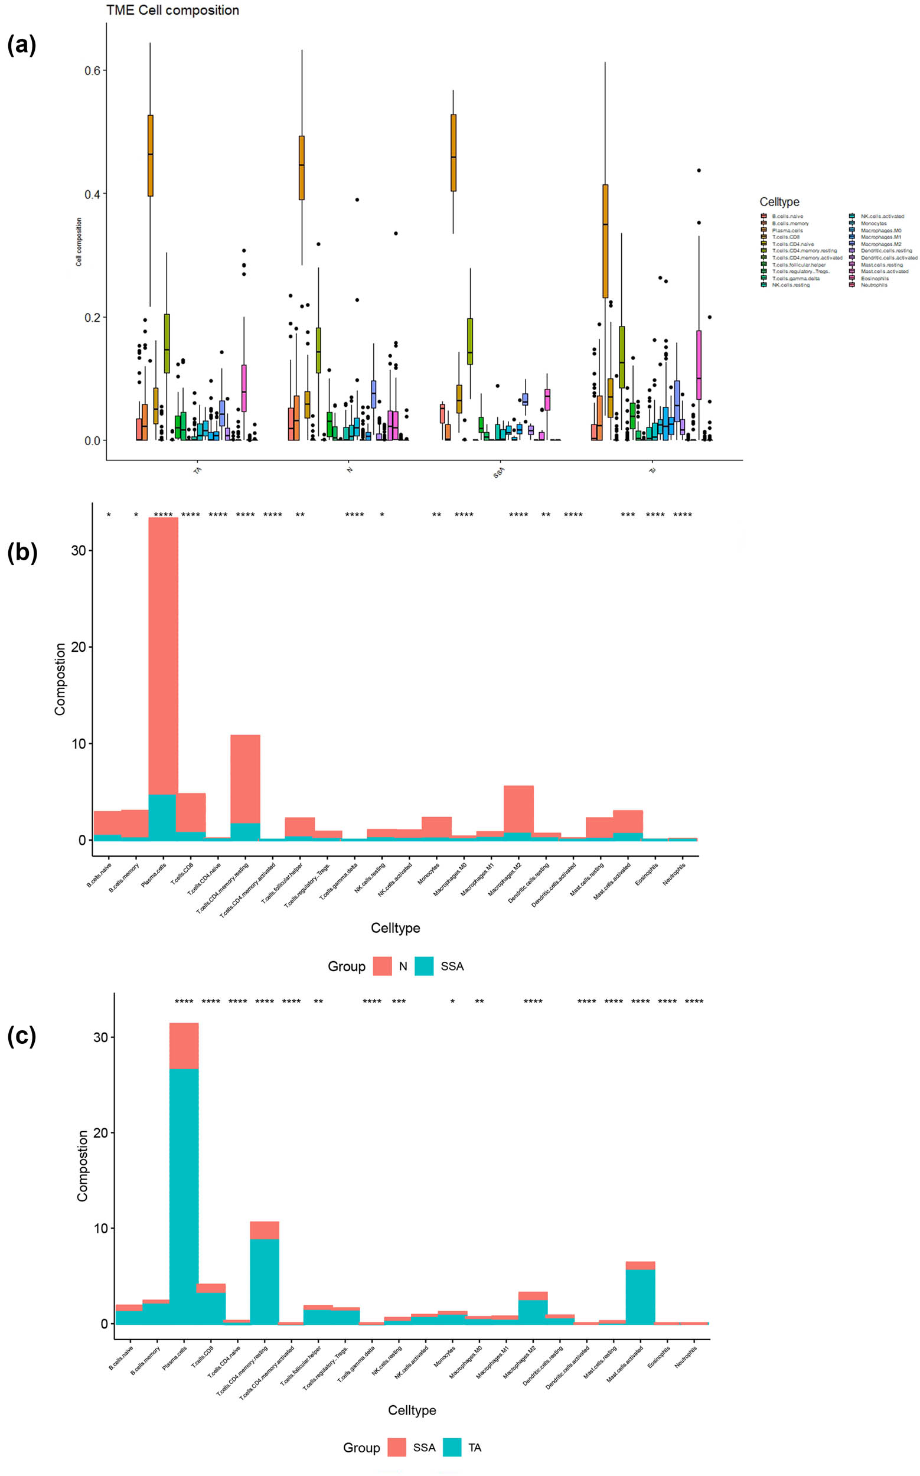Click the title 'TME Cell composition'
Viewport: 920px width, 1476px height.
tap(172, 11)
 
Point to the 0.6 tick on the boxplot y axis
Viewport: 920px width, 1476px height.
tap(92, 71)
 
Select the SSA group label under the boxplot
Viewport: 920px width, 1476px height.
tap(499, 472)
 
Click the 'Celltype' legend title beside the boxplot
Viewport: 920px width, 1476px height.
tap(779, 202)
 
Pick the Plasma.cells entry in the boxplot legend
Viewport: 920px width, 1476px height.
tap(787, 231)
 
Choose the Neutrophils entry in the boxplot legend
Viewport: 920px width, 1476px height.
tap(874, 285)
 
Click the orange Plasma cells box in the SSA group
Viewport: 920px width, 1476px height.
tap(454, 152)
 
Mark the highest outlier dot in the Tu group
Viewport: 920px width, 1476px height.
tap(699, 171)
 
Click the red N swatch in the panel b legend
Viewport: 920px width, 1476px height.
tap(382, 966)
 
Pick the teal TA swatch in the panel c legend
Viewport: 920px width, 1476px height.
tap(452, 1448)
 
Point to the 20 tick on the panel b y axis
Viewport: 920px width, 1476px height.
tap(79, 646)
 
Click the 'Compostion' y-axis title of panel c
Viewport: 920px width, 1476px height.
tap(82, 1165)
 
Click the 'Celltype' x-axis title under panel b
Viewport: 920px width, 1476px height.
tap(396, 928)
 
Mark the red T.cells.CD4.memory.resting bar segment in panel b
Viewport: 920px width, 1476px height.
tap(245, 779)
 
